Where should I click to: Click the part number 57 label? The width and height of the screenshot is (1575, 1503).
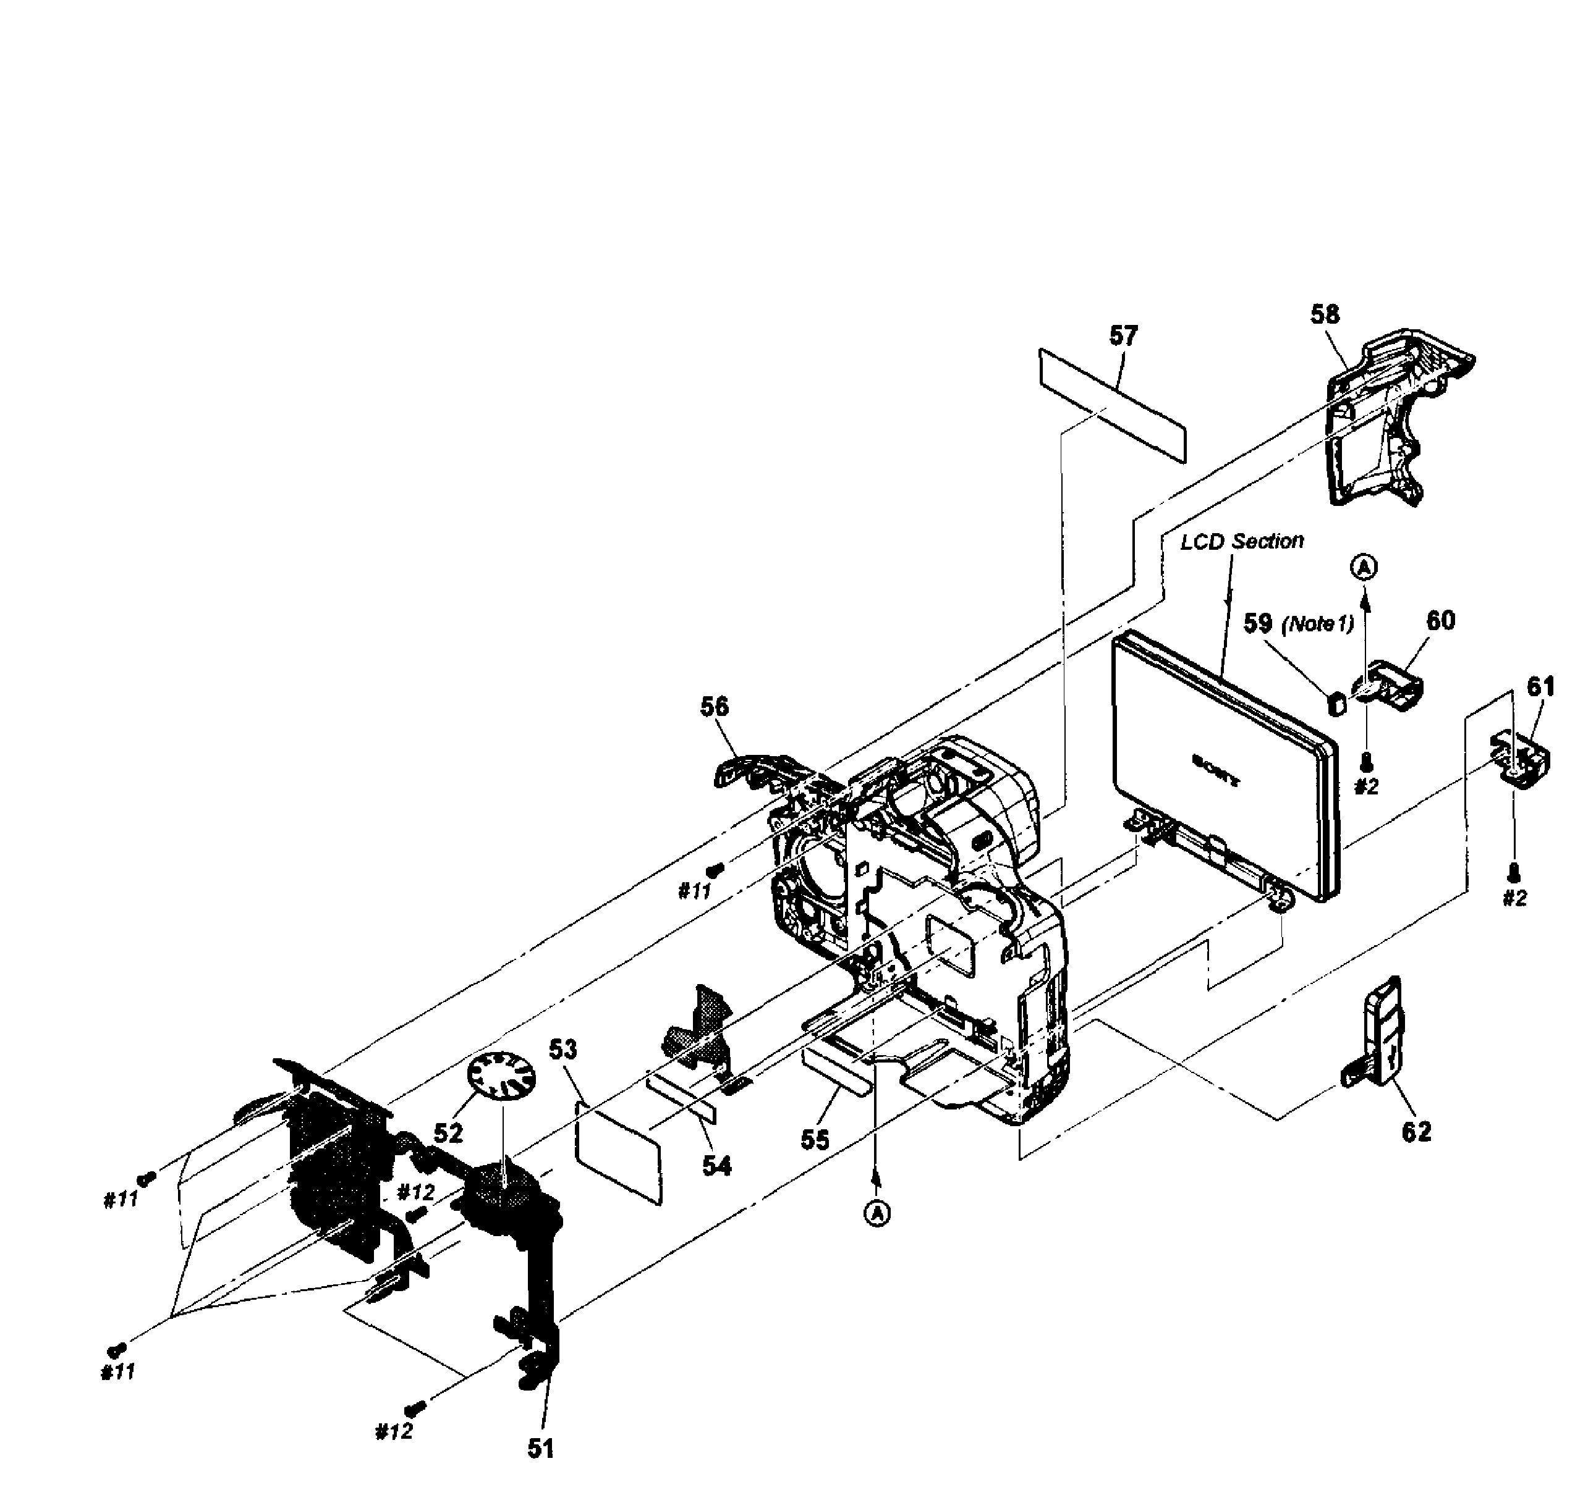pos(1123,335)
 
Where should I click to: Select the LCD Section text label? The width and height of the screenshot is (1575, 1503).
pos(1242,542)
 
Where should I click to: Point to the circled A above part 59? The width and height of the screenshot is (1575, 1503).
pos(1364,568)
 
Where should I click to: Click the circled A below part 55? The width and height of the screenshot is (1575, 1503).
pos(878,1214)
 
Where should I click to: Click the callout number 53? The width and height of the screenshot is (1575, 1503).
pos(562,1050)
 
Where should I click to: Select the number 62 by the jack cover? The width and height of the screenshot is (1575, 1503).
pos(1416,1132)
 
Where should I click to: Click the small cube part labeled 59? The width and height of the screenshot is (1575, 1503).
pos(1336,704)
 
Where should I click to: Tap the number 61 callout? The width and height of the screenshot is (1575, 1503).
pos(1540,686)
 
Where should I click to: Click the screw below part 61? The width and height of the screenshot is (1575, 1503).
pos(1513,871)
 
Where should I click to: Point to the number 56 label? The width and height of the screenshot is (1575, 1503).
pos(714,707)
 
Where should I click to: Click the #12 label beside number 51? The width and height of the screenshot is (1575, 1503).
pos(394,1432)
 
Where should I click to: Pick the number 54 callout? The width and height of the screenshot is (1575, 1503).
pos(716,1166)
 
